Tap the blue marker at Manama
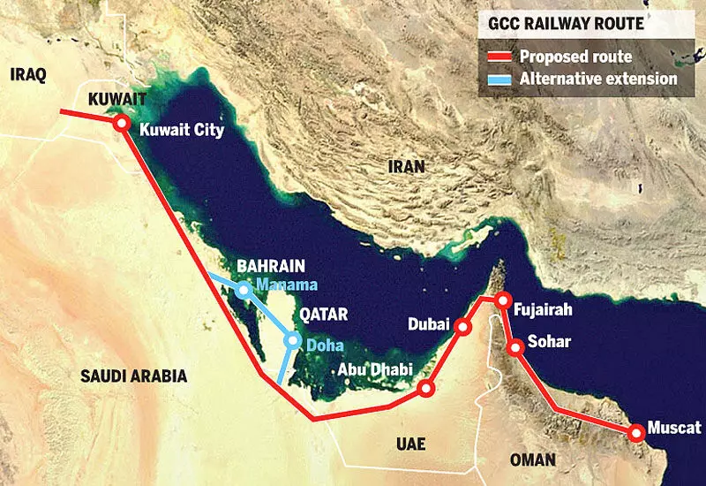click(x=244, y=290)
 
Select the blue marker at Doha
click(x=292, y=340)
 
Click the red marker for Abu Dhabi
click(x=426, y=389)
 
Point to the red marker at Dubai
click(x=464, y=328)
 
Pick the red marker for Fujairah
click(x=502, y=300)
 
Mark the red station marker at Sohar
click(x=517, y=347)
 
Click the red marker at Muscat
click(x=635, y=433)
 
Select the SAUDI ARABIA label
click(x=133, y=376)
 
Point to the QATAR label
click(x=323, y=314)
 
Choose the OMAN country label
click(x=533, y=459)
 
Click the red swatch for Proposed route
click(x=499, y=57)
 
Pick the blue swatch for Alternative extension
click(x=499, y=80)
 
